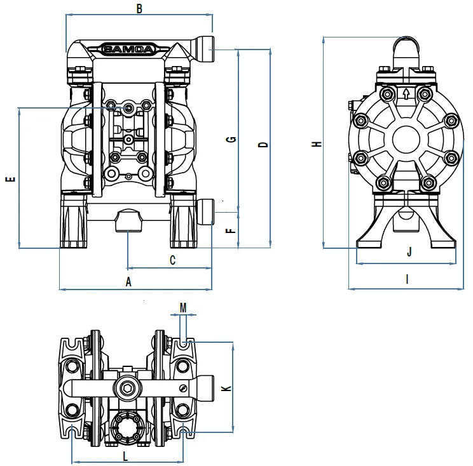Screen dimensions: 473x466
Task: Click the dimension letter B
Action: (x=139, y=9)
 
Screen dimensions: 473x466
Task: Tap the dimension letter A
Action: (x=128, y=282)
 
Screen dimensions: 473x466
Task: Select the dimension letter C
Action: (x=172, y=260)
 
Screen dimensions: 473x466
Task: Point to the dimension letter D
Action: (x=263, y=145)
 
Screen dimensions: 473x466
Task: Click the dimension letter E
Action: (x=10, y=179)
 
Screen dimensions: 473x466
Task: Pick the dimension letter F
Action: (x=231, y=230)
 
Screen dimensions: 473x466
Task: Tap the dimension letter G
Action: (x=231, y=140)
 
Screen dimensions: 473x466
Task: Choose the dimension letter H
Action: (x=317, y=144)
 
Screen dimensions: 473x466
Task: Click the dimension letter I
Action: (x=408, y=279)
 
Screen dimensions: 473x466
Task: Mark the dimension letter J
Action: (x=409, y=251)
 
